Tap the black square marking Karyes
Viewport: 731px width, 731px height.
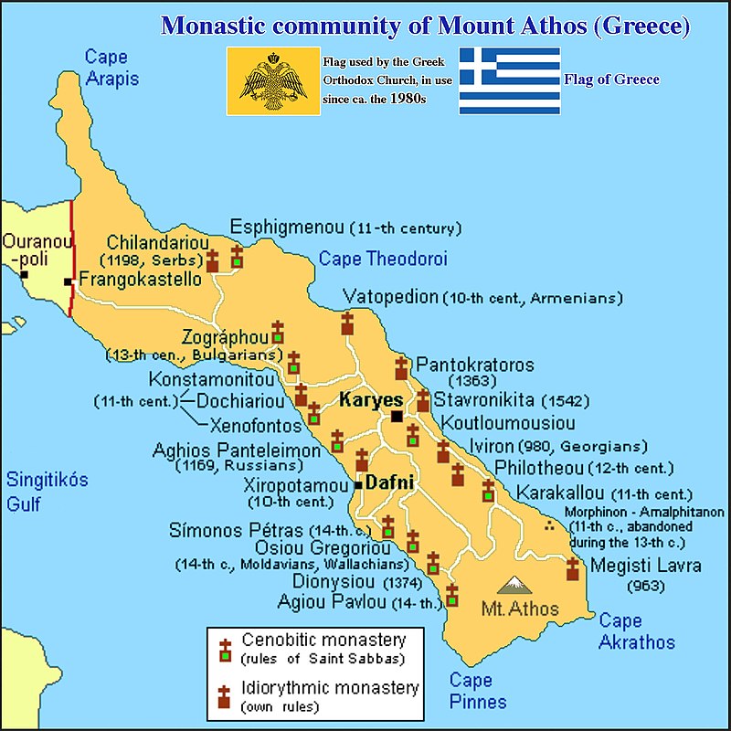click(x=397, y=417)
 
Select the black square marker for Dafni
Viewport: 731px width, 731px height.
click(x=359, y=484)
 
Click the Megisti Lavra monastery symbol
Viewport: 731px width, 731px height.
click(x=573, y=569)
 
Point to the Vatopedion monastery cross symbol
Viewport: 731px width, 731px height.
click(x=347, y=323)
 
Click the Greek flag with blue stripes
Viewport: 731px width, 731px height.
click(x=509, y=80)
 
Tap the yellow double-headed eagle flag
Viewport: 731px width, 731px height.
click(x=272, y=80)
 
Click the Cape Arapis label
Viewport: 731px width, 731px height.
click(x=111, y=68)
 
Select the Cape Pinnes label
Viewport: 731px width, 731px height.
click(x=478, y=691)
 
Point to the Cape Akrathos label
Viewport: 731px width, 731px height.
click(x=637, y=632)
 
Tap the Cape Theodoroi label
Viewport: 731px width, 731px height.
click(x=383, y=259)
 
